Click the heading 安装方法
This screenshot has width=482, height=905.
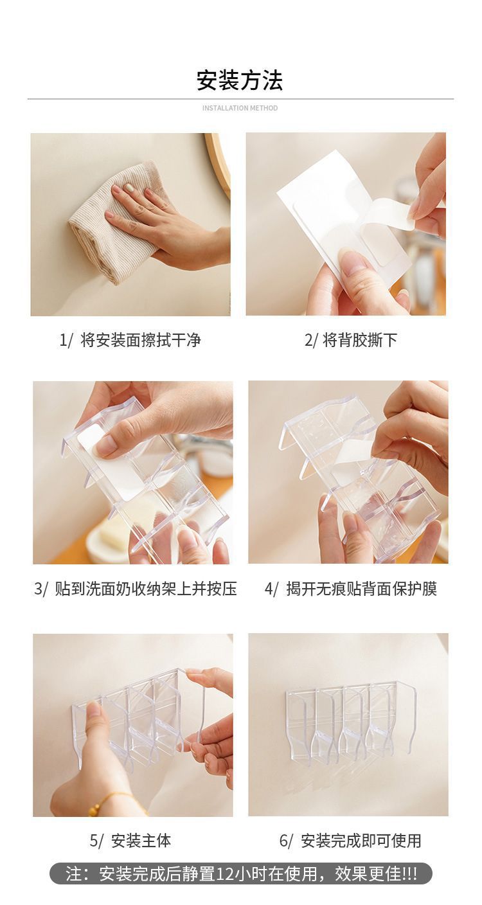[x=240, y=80]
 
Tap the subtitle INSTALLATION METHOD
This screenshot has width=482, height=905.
[x=240, y=108]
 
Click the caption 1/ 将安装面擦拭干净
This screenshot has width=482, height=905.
[x=130, y=340]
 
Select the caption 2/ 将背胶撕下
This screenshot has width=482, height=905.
[x=351, y=340]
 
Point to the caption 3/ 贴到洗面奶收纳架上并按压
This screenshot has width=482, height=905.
[x=136, y=589]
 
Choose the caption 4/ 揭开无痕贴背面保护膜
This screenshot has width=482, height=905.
[x=351, y=589]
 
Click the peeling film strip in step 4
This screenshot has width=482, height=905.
[x=352, y=453]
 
